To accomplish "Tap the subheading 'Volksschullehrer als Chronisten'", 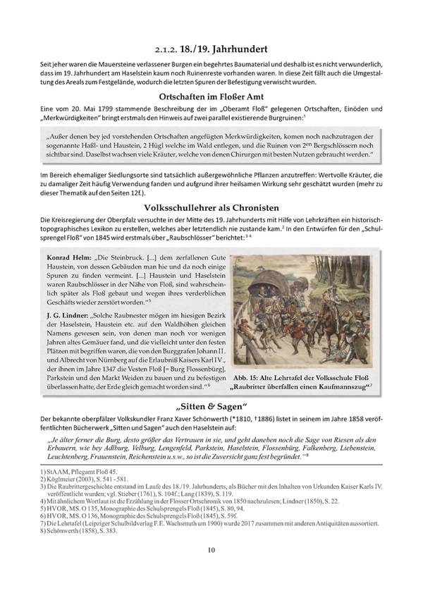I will [x=211, y=208].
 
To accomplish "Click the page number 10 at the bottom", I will [x=211, y=570].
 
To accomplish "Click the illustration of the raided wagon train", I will [x=305, y=306].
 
